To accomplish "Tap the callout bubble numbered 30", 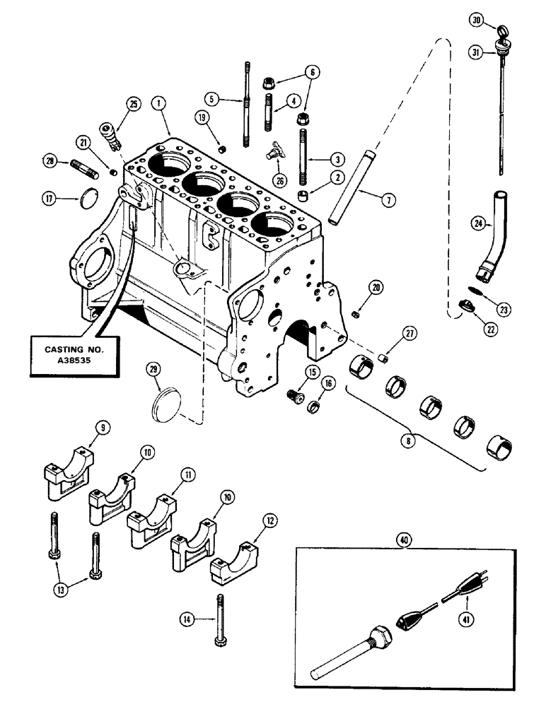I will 476,21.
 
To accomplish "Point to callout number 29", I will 152,368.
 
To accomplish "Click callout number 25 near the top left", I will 133,104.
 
